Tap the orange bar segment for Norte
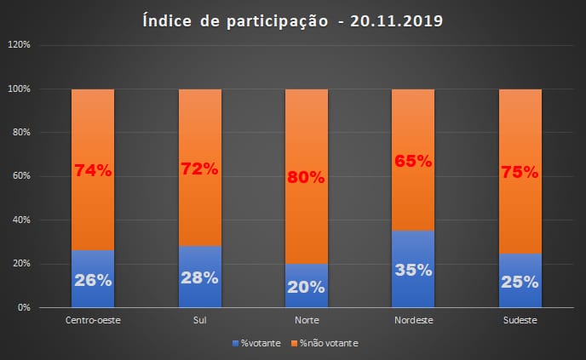306,136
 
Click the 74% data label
93,169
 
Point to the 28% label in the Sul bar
199,278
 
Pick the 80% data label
306,178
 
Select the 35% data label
412,271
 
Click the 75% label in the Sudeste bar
519,171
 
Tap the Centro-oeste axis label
92,321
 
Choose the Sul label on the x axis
199,321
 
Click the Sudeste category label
519,321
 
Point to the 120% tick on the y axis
20,45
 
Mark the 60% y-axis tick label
22,176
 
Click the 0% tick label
25,307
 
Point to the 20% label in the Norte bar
306,287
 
